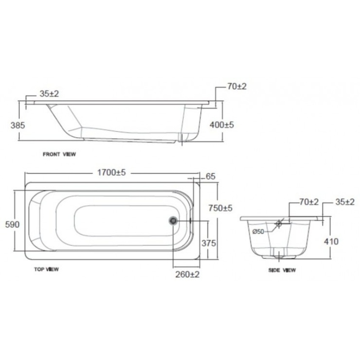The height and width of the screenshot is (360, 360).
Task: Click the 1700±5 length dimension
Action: [112, 172]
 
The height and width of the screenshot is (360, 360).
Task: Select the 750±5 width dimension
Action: [220, 208]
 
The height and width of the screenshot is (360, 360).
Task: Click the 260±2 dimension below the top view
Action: [188, 274]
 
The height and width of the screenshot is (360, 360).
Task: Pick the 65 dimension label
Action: [210, 177]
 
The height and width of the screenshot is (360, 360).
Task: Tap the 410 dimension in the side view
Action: [331, 241]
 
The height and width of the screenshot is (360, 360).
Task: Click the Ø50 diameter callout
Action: [259, 231]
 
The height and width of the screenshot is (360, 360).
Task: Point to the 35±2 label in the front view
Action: [49, 94]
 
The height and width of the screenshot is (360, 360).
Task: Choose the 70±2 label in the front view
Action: [237, 86]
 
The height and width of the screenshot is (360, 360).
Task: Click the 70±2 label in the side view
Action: [309, 202]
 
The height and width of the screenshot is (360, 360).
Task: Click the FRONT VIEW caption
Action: [59, 154]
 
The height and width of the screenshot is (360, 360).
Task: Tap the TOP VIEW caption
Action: [47, 269]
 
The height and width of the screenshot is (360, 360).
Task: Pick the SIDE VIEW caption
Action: [282, 270]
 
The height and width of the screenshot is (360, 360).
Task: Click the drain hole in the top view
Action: [173, 220]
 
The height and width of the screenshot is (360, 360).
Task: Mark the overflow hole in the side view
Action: [279, 224]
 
